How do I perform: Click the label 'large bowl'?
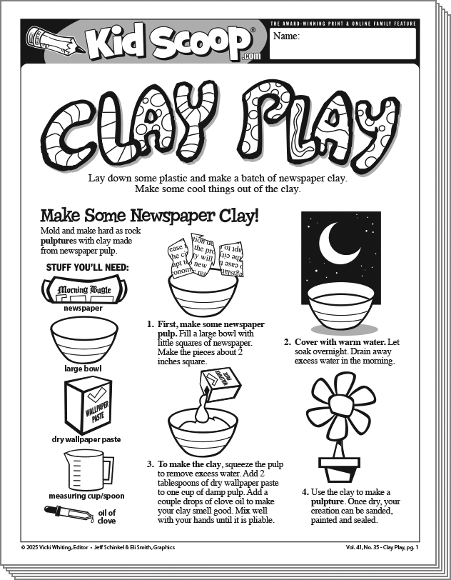coord(83,369)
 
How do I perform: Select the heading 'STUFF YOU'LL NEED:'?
coord(82,267)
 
